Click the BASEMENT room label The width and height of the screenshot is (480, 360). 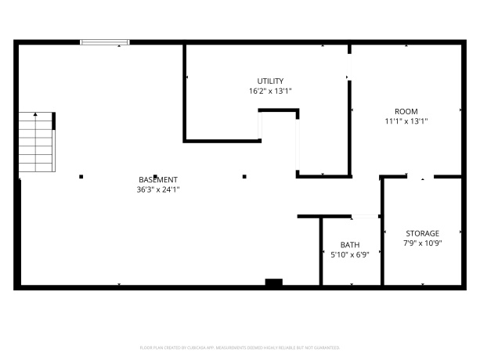coord(158,179)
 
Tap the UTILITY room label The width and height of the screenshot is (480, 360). coord(270,81)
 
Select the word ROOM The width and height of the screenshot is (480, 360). coord(406,111)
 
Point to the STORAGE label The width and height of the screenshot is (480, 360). coord(422,233)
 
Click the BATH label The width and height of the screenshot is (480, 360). coord(349,244)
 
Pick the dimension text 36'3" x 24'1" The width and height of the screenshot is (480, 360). coord(158,189)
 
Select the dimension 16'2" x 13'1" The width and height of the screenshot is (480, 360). coord(270,91)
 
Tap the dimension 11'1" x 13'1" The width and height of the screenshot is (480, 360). coord(406,121)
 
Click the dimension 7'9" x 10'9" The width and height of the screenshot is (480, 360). coord(422,243)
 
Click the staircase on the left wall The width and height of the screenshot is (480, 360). coord(37,143)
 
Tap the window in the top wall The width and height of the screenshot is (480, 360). coord(105,42)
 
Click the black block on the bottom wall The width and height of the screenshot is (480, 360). coord(273,283)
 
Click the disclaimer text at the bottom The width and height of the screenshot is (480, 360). coord(240,347)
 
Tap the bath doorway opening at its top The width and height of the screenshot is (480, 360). coord(366,216)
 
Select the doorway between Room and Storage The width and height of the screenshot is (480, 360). coord(420,177)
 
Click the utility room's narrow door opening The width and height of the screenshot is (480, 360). coord(298,145)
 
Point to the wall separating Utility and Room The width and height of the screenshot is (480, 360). coord(350,110)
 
